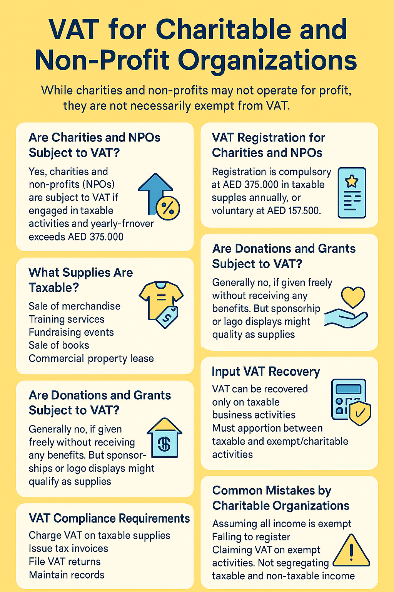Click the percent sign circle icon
(x=168, y=209)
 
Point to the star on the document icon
(x=352, y=180)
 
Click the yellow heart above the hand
(x=353, y=297)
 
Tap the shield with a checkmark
(x=360, y=414)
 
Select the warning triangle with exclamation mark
(x=351, y=552)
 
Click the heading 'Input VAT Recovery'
(x=266, y=372)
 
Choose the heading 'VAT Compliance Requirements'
(x=109, y=518)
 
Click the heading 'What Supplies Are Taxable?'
(x=80, y=280)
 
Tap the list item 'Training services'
(x=67, y=319)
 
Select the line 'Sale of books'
(x=59, y=345)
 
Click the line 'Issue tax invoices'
(x=68, y=548)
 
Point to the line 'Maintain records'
(x=67, y=575)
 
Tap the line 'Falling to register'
(x=251, y=537)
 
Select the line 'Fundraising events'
(x=71, y=332)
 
